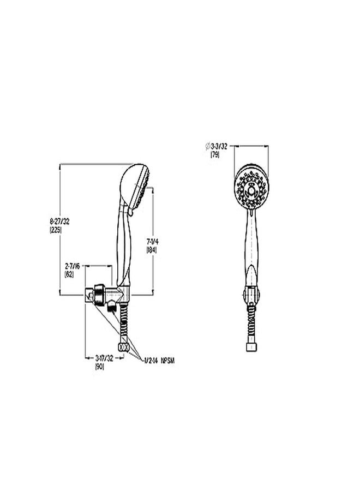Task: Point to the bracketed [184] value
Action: click(152, 249)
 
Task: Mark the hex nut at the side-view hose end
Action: click(124, 347)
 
